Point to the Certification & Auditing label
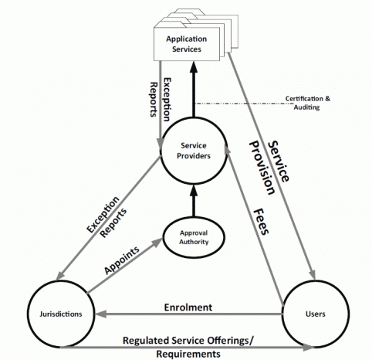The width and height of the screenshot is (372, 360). (x=307, y=103)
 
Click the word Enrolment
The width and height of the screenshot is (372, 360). (x=188, y=307)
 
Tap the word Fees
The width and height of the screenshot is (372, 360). (x=261, y=222)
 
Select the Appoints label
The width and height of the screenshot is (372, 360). (x=122, y=260)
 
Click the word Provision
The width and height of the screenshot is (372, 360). (x=262, y=168)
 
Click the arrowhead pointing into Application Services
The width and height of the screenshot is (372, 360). (x=194, y=67)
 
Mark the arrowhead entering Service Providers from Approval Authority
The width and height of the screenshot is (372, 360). (x=194, y=191)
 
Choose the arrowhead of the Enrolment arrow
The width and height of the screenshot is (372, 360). (x=100, y=314)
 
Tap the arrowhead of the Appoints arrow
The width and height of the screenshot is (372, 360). (x=157, y=243)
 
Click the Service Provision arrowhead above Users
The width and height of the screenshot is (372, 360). (x=312, y=274)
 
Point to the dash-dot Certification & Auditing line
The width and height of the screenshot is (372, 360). (x=244, y=104)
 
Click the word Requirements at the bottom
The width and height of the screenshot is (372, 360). (x=188, y=354)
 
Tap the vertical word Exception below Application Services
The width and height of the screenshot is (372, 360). (x=167, y=100)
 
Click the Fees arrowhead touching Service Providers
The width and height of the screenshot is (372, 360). (x=228, y=151)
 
